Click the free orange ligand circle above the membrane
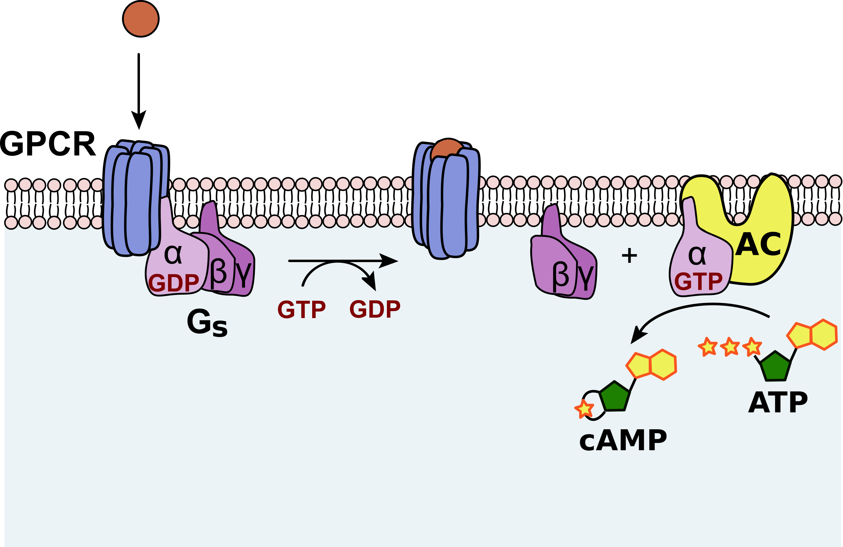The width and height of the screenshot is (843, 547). [x=141, y=19]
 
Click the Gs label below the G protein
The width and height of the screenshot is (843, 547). [x=207, y=322]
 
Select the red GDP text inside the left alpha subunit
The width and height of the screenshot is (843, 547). [x=173, y=283]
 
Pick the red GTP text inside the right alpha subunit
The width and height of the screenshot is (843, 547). [x=698, y=282]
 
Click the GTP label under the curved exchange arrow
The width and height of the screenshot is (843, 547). [x=301, y=310]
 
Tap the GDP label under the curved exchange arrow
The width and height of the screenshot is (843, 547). [x=375, y=309]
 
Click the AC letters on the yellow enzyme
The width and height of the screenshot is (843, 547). [x=758, y=244]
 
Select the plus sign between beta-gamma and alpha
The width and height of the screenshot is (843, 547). [x=629, y=256]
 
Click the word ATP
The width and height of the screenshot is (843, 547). [x=778, y=403]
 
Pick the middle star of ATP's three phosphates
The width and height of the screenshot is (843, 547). [x=730, y=347]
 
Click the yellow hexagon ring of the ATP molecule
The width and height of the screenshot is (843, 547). [x=824, y=335]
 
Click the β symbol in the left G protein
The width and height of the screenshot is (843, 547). [x=218, y=273]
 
